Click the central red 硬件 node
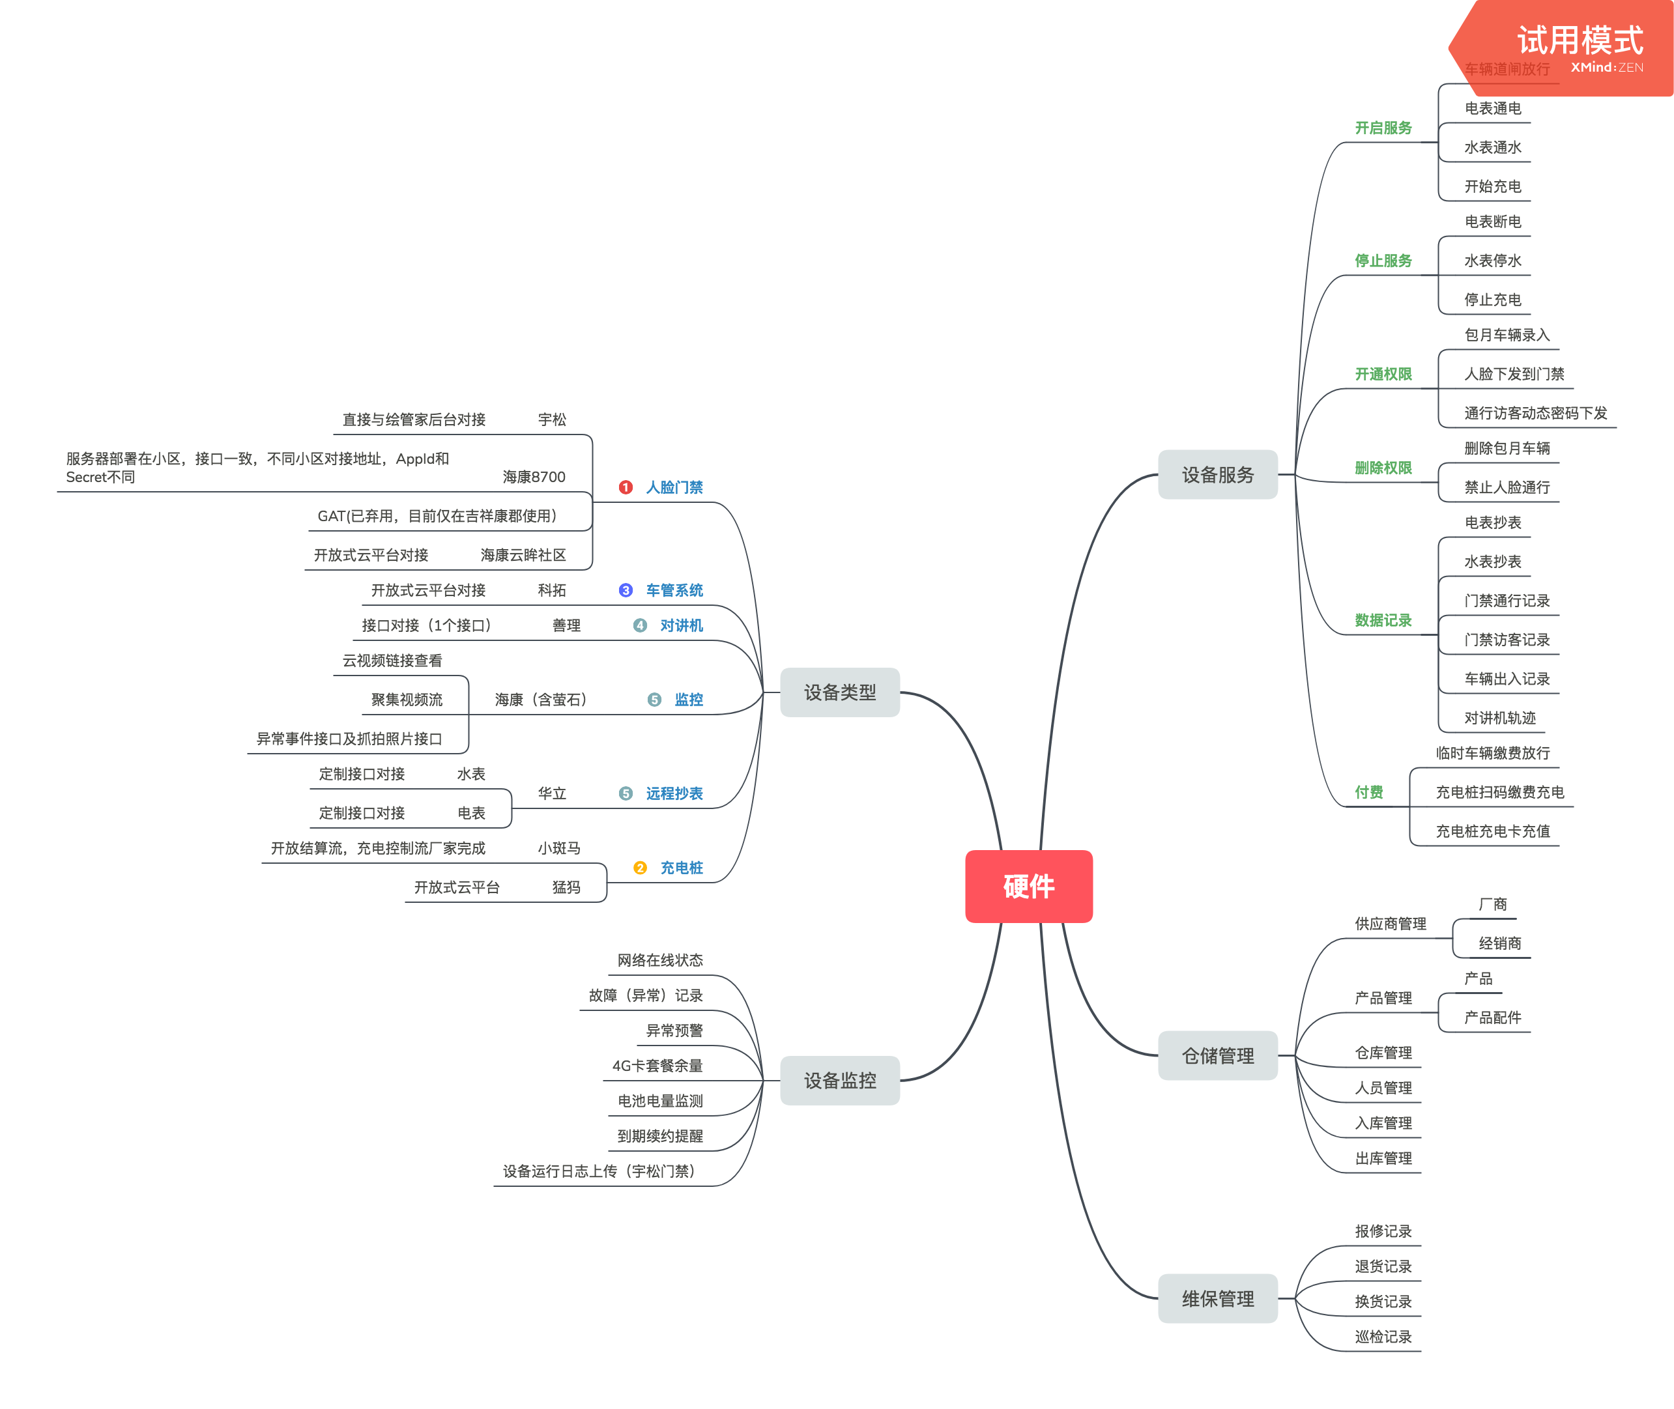(1028, 886)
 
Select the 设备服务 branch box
(1217, 474)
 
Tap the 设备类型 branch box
(839, 692)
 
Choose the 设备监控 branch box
(839, 1080)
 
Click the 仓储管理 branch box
(1217, 1055)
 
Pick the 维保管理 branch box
(1217, 1298)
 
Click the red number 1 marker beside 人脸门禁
(626, 487)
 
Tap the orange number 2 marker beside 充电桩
(640, 868)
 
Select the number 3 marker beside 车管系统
(626, 590)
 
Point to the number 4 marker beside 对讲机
(640, 625)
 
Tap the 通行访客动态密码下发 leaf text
(1535, 413)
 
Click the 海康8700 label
(534, 477)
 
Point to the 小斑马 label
(558, 848)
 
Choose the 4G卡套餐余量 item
(657, 1066)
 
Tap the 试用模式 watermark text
(1580, 40)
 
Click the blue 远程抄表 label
(674, 793)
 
